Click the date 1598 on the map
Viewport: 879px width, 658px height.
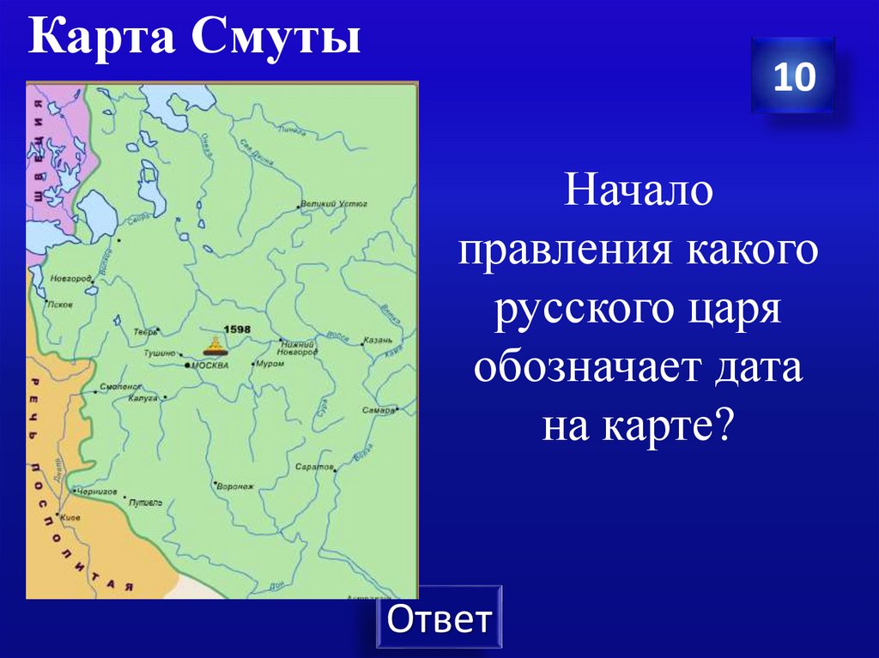pos(236,329)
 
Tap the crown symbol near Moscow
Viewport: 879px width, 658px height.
pos(213,347)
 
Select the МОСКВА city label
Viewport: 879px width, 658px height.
pos(209,365)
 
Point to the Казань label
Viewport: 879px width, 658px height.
pos(378,341)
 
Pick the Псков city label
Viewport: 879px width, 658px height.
pos(61,305)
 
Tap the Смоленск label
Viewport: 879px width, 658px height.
pos(120,387)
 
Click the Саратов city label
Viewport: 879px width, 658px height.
pos(313,468)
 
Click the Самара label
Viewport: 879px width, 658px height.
pos(379,410)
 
